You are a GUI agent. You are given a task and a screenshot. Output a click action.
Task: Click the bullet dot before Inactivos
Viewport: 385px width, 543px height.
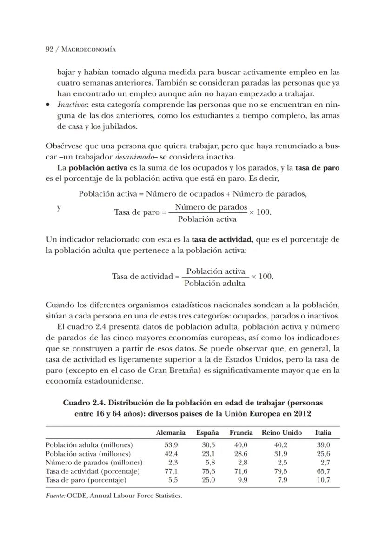(x=48, y=105)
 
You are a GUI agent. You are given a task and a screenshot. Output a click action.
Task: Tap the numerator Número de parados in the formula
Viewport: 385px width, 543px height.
(x=211, y=207)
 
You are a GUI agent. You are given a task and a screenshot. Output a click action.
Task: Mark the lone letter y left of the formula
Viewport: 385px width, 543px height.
(x=59, y=208)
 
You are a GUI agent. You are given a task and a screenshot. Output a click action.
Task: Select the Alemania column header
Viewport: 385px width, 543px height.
(x=171, y=432)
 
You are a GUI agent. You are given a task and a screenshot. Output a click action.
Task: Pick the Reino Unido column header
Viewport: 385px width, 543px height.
(x=282, y=432)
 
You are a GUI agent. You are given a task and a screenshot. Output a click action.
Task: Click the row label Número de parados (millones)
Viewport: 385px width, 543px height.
(x=94, y=462)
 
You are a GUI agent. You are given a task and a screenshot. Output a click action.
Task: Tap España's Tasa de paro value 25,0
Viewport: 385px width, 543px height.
(x=208, y=480)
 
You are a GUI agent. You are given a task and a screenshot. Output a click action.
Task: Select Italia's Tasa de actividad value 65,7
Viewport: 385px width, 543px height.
(x=323, y=471)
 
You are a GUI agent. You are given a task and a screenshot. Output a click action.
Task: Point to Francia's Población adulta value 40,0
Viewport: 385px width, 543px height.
(x=241, y=445)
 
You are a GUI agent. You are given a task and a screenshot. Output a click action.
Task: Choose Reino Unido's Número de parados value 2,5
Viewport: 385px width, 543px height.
(x=282, y=462)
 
